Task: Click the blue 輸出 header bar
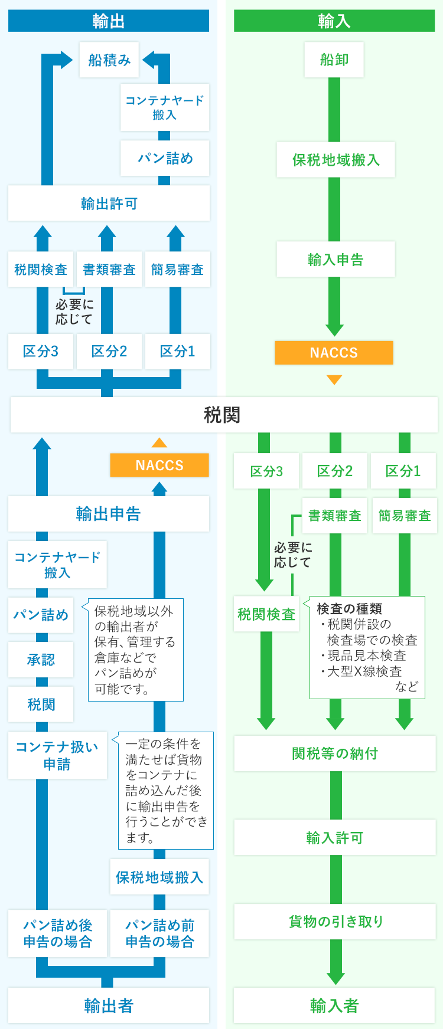109,21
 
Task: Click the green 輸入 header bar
334,21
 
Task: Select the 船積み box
109,60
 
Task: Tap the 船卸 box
334,60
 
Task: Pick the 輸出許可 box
109,204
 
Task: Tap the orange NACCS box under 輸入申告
334,353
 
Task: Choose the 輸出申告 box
109,514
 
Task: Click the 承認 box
41,660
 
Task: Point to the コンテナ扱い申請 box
57,755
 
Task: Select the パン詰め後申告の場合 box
58,933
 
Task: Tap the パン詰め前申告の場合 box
159,933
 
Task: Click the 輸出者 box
109,1005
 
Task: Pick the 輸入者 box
334,1005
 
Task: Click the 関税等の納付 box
335,753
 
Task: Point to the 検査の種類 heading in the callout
349,608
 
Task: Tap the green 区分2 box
334,471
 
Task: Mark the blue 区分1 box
177,352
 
